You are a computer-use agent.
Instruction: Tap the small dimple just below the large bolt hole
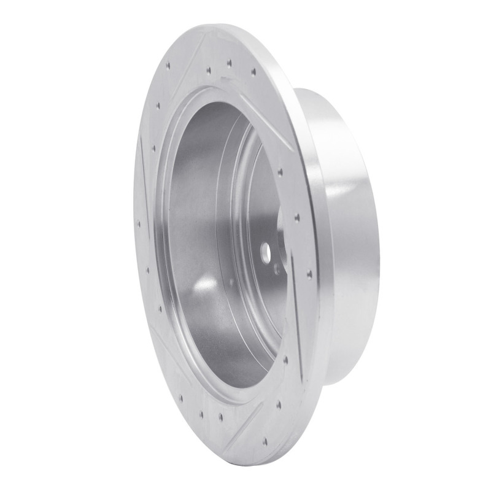click(x=277, y=268)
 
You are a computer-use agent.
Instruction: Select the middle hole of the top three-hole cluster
click(x=228, y=63)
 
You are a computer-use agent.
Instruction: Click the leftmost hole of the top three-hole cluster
click(x=209, y=71)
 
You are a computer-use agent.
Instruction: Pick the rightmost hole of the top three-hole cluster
click(x=253, y=72)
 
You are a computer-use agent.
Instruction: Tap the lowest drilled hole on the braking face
click(x=264, y=440)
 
